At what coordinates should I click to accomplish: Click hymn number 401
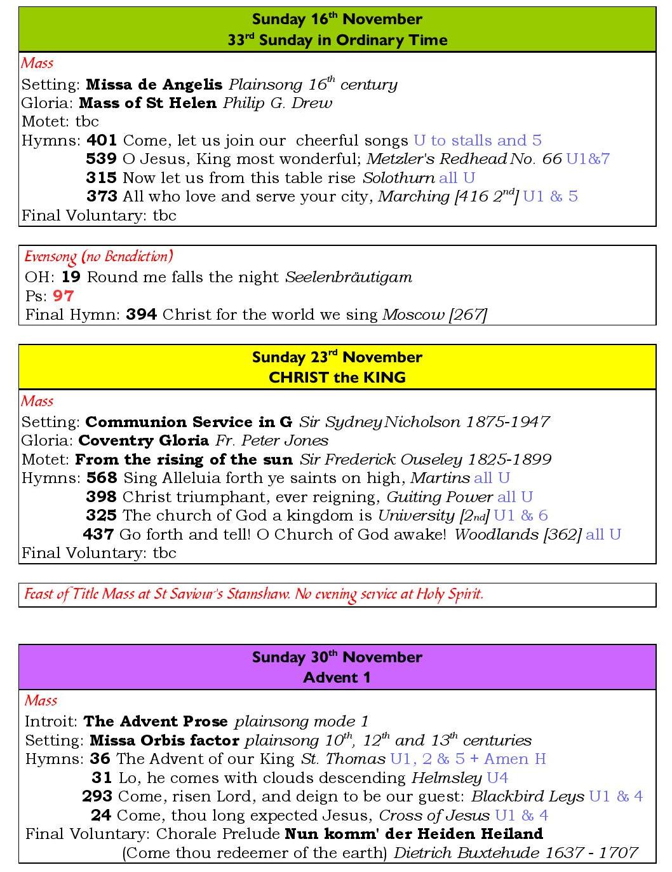[x=101, y=140]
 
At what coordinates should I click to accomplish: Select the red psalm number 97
[x=63, y=296]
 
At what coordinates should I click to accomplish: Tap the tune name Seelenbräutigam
[x=349, y=277]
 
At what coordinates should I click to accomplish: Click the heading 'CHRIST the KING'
[x=337, y=378]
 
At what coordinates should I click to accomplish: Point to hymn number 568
[x=102, y=478]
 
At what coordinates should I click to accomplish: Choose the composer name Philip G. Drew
[x=277, y=103]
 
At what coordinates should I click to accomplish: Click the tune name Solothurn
[x=398, y=178]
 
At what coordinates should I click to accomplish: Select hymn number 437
[x=98, y=535]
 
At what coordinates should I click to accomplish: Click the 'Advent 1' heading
[x=337, y=678]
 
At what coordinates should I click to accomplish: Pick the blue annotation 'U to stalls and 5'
[x=477, y=140]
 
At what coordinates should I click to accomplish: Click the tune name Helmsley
[x=447, y=778]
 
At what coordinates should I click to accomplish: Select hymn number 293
[x=97, y=796]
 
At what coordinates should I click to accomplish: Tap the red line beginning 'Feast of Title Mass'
[x=253, y=595]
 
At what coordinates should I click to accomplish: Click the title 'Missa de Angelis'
[x=154, y=85]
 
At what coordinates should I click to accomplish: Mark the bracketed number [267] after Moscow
[x=467, y=315]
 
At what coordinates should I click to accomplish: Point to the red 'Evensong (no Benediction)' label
[x=98, y=257]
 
